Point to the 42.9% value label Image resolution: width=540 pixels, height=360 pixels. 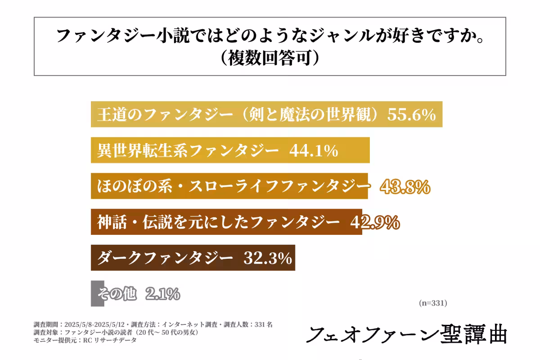point(374,222)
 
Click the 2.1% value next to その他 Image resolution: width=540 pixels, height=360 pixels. point(162,294)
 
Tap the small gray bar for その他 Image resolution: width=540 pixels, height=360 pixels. point(94,293)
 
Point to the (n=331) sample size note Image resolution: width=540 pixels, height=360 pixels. point(432,303)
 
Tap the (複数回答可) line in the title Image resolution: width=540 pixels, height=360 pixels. point(270,58)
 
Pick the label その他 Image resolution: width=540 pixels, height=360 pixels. point(117,294)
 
